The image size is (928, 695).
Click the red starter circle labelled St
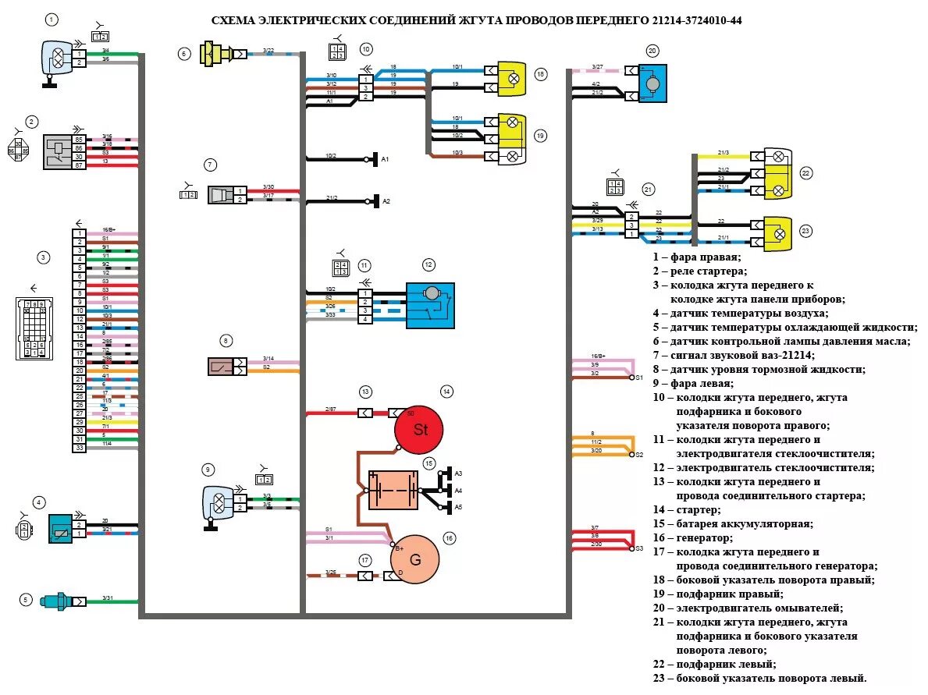tap(419, 430)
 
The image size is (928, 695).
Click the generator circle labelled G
tap(414, 559)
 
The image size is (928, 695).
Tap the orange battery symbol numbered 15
tap(393, 489)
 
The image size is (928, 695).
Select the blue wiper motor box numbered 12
tap(430, 305)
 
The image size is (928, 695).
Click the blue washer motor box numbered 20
tap(652, 83)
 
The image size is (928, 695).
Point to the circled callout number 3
tap(44, 257)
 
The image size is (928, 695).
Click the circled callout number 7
tap(210, 165)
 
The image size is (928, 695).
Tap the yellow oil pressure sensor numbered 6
tap(216, 55)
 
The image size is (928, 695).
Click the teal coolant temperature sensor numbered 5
tap(58, 601)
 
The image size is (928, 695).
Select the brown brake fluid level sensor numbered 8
tap(221, 366)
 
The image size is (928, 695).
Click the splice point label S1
tap(638, 378)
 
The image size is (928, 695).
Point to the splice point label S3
tap(638, 548)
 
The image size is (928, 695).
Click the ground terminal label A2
tap(386, 201)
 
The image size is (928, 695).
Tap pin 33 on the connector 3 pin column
tap(80, 448)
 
